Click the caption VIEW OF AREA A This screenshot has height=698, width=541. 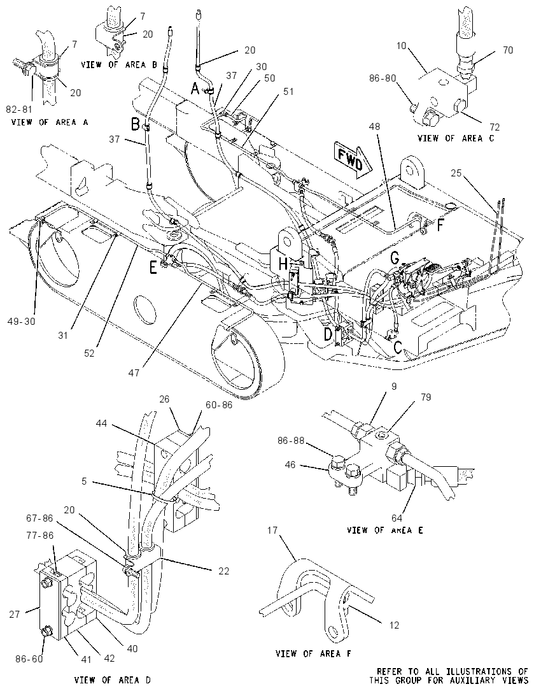pos(50,122)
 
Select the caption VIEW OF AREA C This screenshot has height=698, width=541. pos(456,138)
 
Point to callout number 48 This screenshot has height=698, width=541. pos(375,127)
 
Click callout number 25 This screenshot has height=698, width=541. pos(456,173)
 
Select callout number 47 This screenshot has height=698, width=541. pos(134,373)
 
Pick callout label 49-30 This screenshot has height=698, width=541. pos(21,321)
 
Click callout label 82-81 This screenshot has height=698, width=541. pos(20,109)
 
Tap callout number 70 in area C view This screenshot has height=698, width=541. pos(508,50)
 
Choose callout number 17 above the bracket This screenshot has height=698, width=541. pos(272,530)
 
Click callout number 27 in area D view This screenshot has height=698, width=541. pos(15,615)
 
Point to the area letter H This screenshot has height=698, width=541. pos(283,264)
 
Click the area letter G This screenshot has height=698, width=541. pos(394,257)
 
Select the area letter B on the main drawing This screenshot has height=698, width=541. pos(135,125)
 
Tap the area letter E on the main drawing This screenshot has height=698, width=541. pos(153,267)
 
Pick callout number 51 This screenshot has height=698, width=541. pos(289,91)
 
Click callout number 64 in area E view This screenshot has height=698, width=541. pos(397,518)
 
